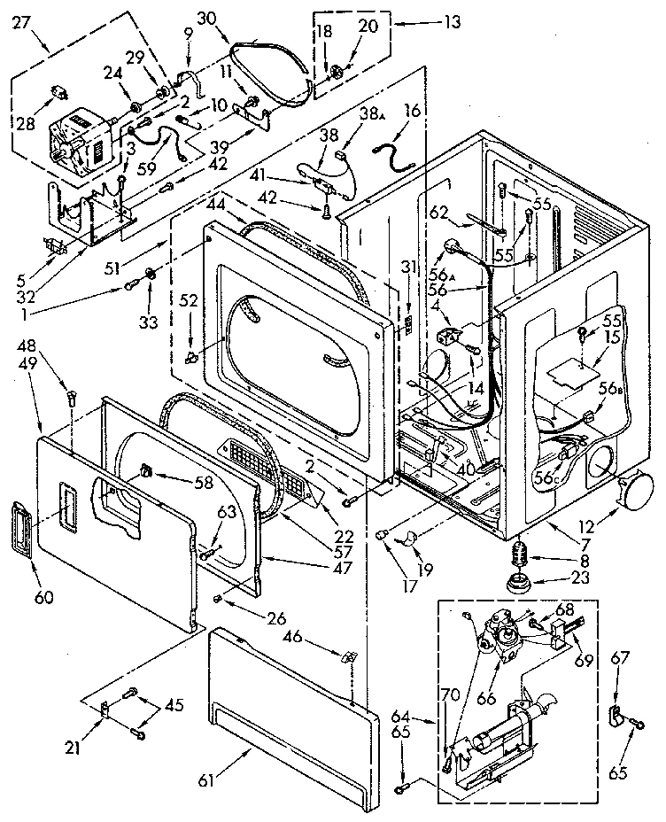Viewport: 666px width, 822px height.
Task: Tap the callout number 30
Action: point(205,18)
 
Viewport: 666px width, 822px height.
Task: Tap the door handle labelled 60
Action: point(19,531)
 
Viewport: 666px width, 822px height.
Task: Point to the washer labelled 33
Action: point(150,271)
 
